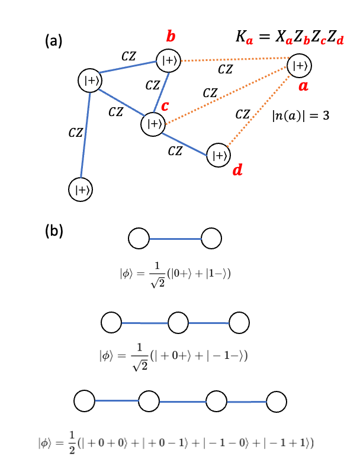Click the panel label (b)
pos(55,232)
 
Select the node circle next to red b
pos(168,60)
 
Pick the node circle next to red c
pos(153,124)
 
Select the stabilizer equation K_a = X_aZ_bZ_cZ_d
pos(282,36)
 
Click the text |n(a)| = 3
pos(300,117)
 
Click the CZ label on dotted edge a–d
pos(242,114)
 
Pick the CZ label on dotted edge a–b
pos(225,69)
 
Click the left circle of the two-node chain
pos(139,239)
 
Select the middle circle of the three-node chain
pos(178,323)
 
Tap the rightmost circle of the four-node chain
pos(277,401)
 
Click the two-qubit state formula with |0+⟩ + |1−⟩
pos(175,272)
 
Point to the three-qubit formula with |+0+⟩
pos(173,356)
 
